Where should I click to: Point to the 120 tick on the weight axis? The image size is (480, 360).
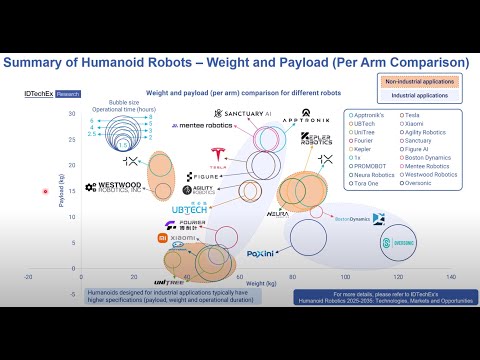398,277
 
